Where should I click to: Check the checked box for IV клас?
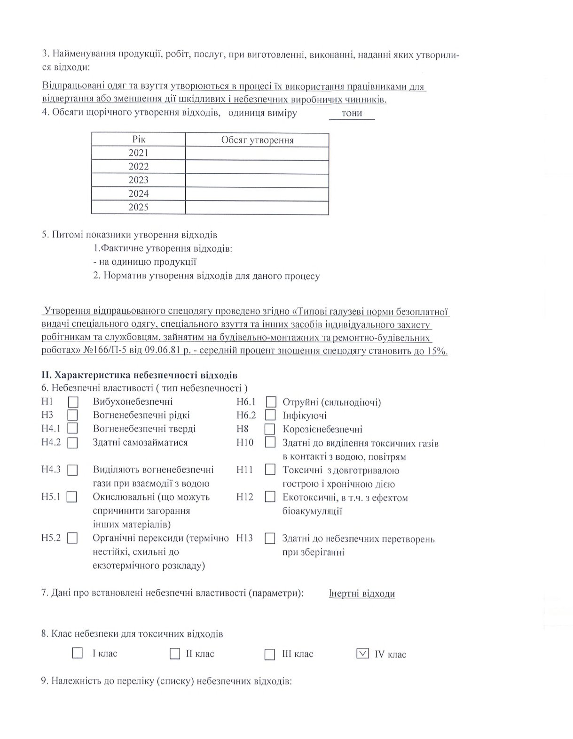[x=362, y=653]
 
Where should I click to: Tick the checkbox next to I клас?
[x=78, y=653]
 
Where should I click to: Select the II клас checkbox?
[x=175, y=653]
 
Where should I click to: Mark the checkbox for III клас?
[x=269, y=654]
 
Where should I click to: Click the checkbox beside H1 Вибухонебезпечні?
[x=73, y=402]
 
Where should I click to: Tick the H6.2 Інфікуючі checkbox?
[x=270, y=416]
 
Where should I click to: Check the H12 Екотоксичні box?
[x=270, y=497]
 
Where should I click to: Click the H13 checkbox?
[x=270, y=539]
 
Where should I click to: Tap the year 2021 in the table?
[x=138, y=153]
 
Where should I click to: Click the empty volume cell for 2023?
[x=257, y=180]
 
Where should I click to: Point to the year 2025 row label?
[x=138, y=208]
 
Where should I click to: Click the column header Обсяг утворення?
[x=257, y=140]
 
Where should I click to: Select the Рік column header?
[x=139, y=139]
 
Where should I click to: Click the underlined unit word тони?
[x=352, y=114]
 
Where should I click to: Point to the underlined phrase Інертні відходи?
[x=361, y=593]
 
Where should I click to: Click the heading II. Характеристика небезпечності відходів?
[x=139, y=375]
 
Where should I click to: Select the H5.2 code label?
[x=51, y=538]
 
